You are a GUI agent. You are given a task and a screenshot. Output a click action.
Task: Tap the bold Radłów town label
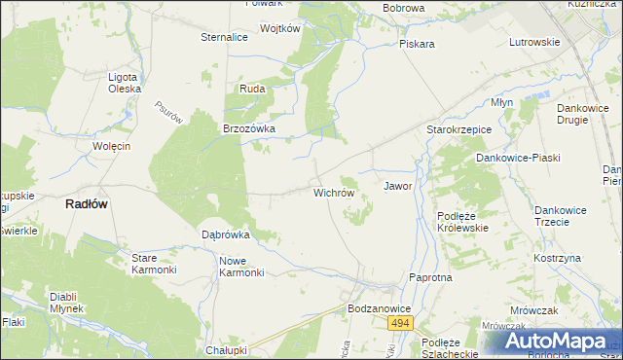coord(86,204)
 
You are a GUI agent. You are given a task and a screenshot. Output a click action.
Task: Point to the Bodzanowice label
coord(380,307)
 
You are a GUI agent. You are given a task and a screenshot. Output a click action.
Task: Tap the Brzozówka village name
coord(250,128)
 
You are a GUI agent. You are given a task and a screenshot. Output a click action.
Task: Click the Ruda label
coord(252,89)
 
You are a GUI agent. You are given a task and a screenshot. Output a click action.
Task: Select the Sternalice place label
coord(224,37)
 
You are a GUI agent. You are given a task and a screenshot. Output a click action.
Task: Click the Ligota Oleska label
coord(126,82)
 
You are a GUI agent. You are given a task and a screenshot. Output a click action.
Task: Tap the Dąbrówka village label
coord(226,234)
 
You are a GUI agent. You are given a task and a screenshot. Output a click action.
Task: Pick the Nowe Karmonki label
coord(243,266)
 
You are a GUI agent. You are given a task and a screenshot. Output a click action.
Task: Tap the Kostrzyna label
coord(557,258)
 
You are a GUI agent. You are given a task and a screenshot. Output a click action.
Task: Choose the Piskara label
coord(416,44)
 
